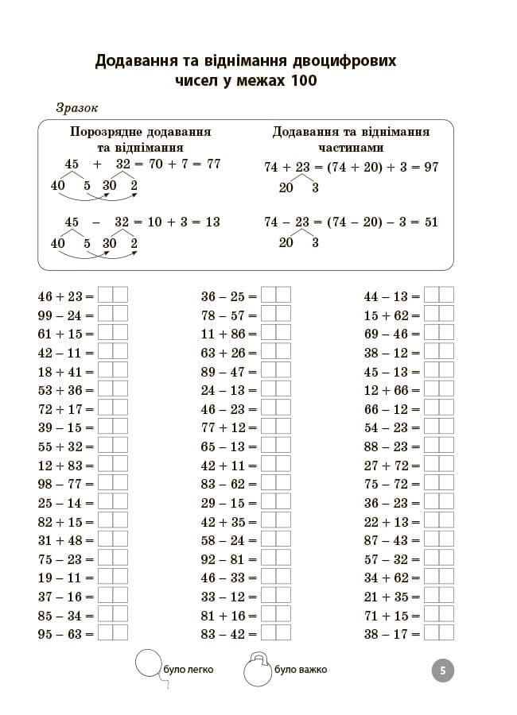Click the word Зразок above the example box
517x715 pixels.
[x=77, y=108]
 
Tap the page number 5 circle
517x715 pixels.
[x=442, y=671]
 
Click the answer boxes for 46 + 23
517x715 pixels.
[x=112, y=296]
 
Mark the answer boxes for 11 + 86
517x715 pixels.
[x=275, y=334]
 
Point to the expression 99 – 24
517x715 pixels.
[x=61, y=315]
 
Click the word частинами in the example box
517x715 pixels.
[x=351, y=147]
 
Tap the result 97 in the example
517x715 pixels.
[x=431, y=167]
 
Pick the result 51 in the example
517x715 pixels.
[x=430, y=222]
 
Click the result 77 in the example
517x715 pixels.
[x=212, y=164]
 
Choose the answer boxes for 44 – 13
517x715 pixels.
[x=438, y=296]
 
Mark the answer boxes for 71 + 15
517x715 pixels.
[x=438, y=615]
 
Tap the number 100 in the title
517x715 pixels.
[x=301, y=81]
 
